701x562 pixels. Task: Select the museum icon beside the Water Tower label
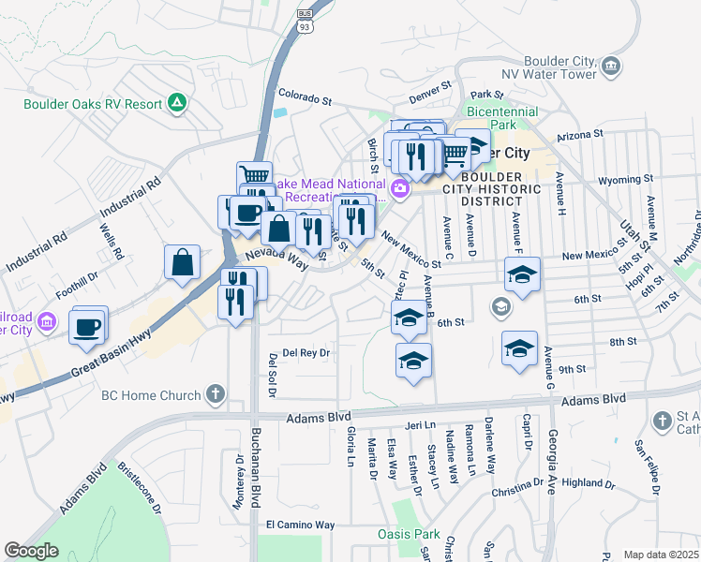point(611,66)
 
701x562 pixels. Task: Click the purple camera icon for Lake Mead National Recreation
point(400,189)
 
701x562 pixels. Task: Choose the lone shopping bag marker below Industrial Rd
point(182,263)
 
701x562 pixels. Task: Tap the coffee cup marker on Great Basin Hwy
point(88,327)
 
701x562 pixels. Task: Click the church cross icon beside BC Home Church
point(216,394)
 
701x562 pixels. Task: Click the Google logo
point(31,551)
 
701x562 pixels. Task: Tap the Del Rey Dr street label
point(306,353)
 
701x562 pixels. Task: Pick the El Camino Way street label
point(300,525)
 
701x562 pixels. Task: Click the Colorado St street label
point(306,96)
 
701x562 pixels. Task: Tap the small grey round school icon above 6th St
point(501,306)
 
